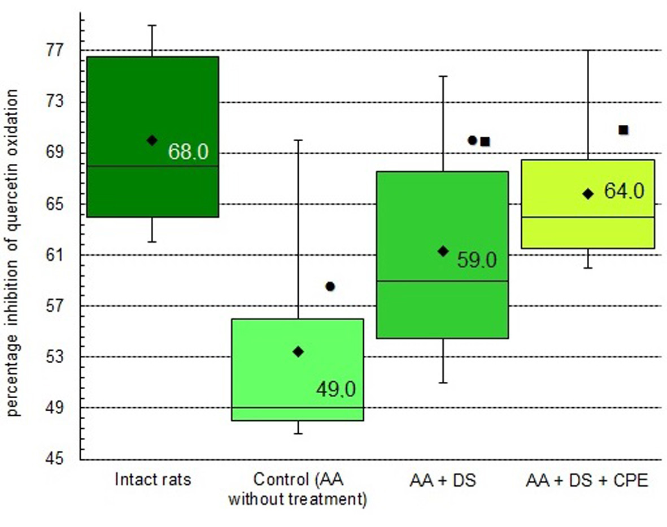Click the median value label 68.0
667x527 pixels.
[188, 152]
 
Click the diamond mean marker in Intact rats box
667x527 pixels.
[152, 140]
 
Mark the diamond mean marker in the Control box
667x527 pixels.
[298, 351]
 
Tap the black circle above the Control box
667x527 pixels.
[330, 286]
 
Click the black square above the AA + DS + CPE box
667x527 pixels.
[624, 130]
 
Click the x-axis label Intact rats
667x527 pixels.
[153, 481]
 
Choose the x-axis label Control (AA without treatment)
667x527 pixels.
[298, 490]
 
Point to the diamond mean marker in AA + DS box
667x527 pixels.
[443, 251]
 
